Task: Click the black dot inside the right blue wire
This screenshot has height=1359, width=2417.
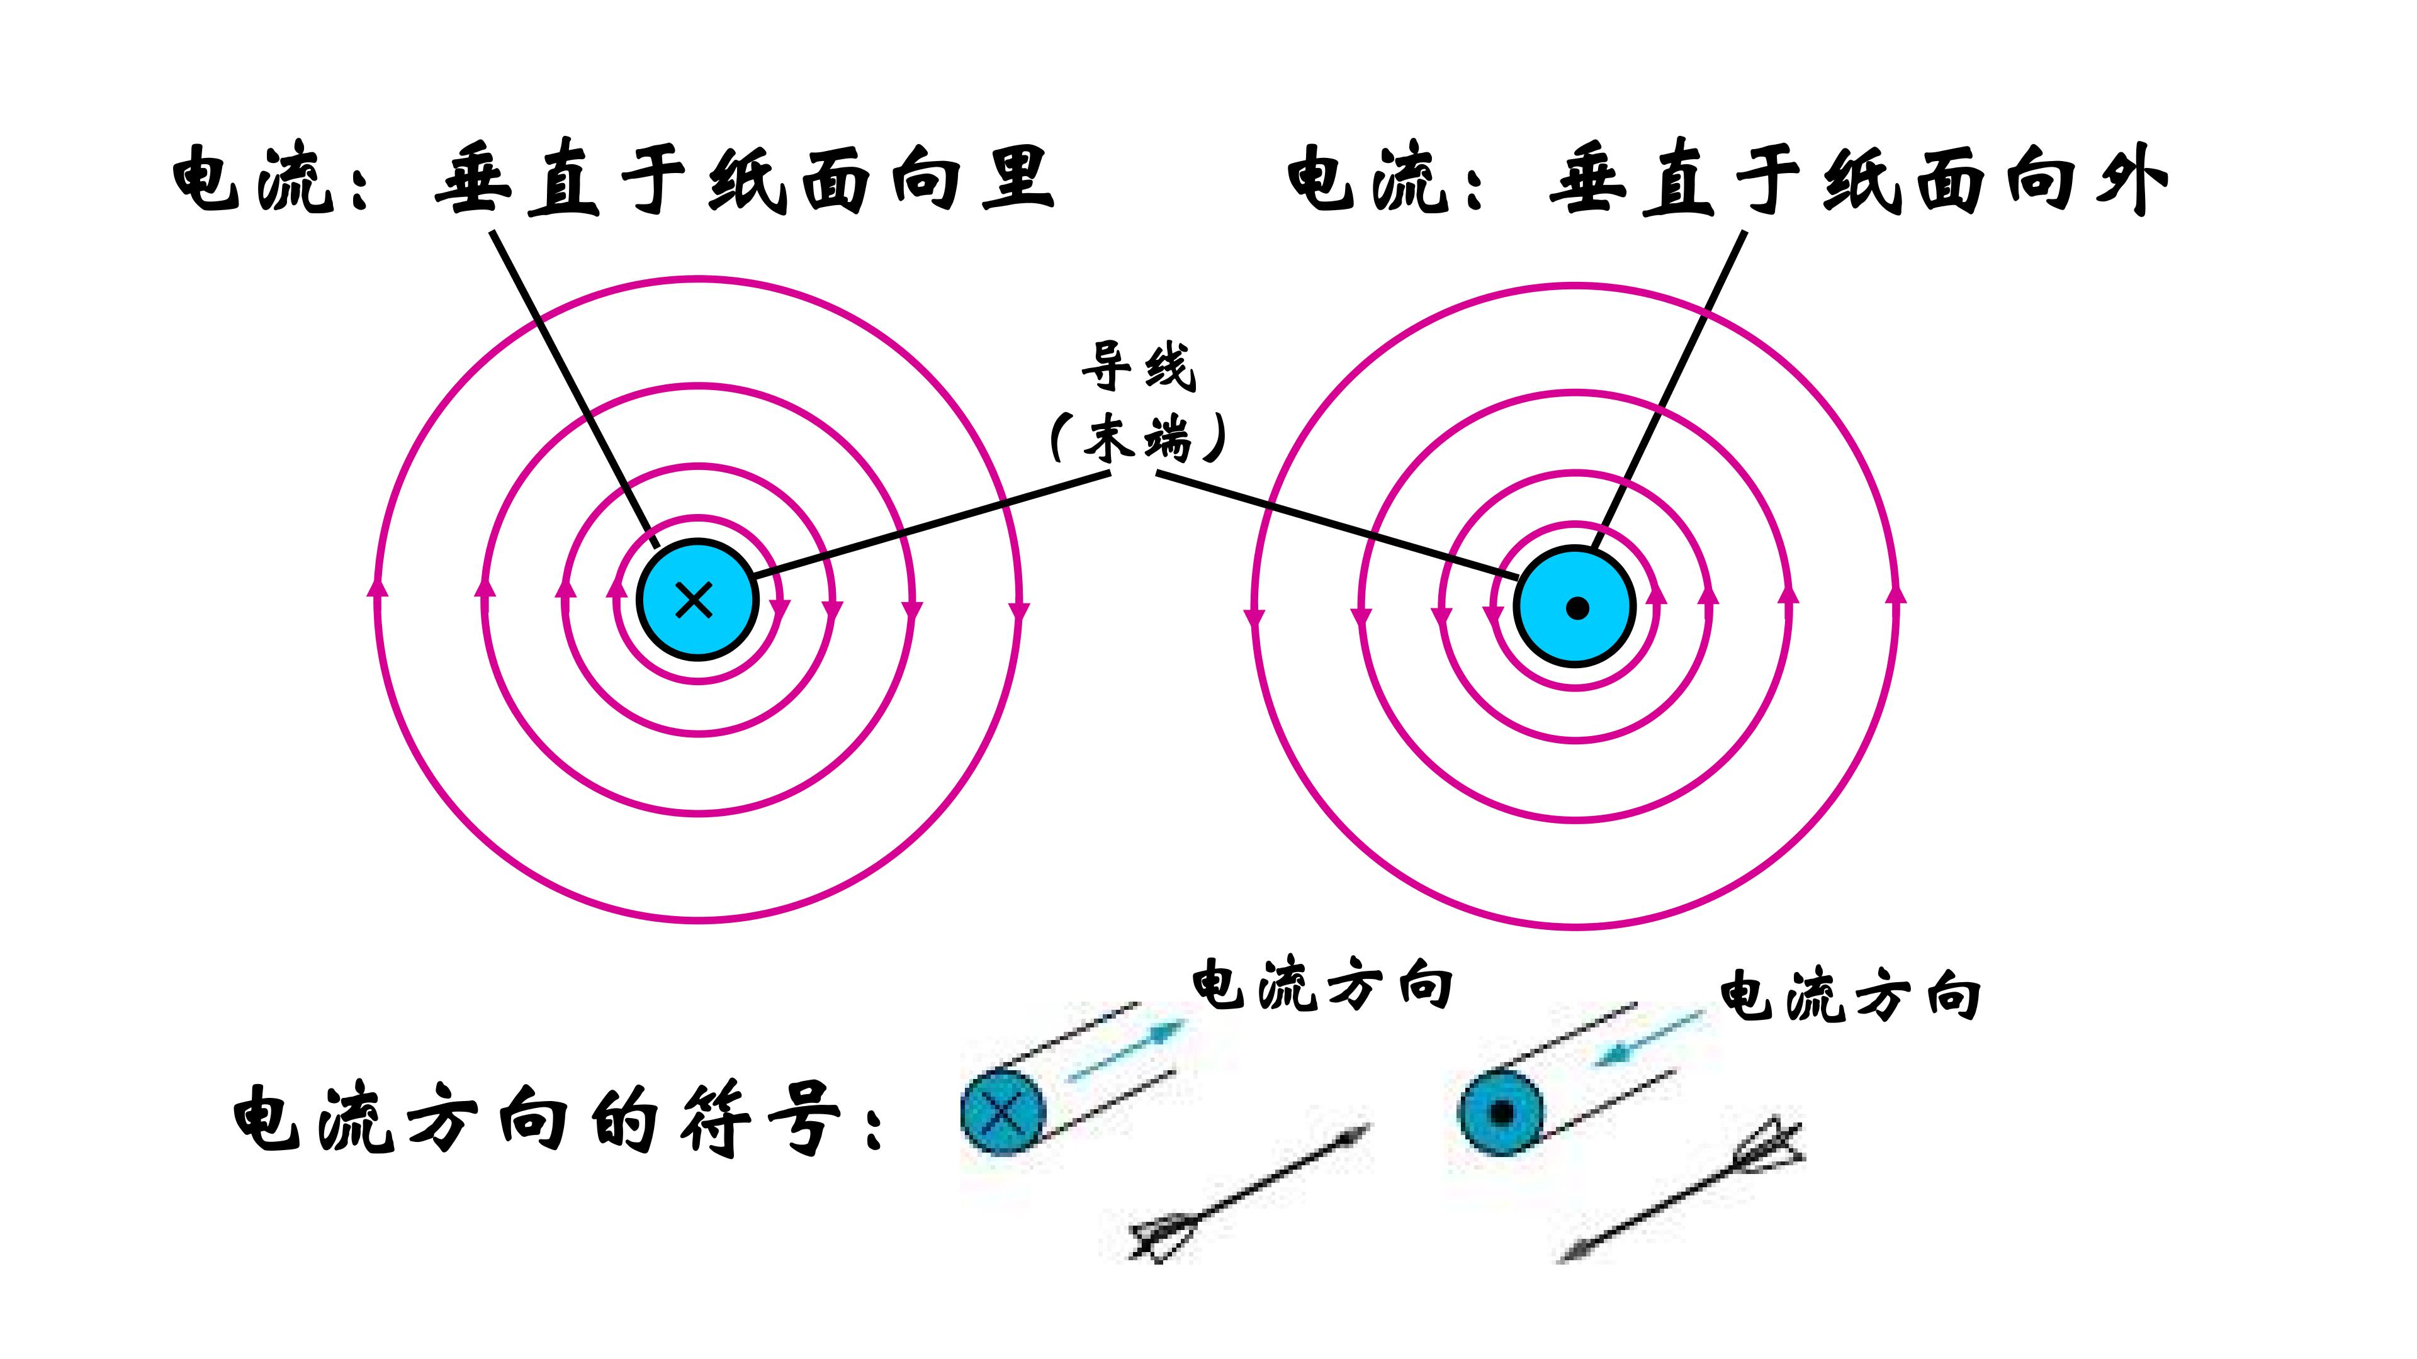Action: pos(1577,608)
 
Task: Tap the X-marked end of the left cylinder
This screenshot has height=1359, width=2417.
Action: pos(1003,1112)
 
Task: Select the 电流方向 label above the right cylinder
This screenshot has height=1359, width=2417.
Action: pos(1851,996)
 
